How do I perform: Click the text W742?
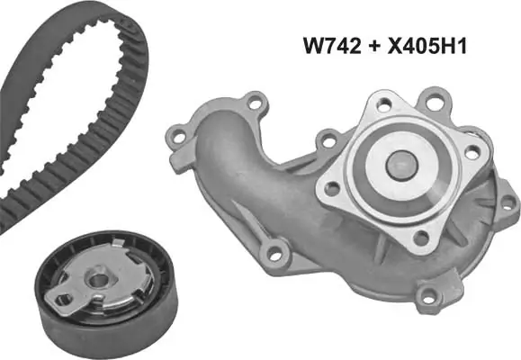click(332, 46)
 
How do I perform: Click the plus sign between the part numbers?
click(374, 46)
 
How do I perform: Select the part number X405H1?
click(427, 46)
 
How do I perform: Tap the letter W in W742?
click(313, 46)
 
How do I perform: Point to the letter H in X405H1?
click(447, 46)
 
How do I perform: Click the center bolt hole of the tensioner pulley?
click(99, 280)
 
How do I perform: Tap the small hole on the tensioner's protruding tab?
click(64, 299)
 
